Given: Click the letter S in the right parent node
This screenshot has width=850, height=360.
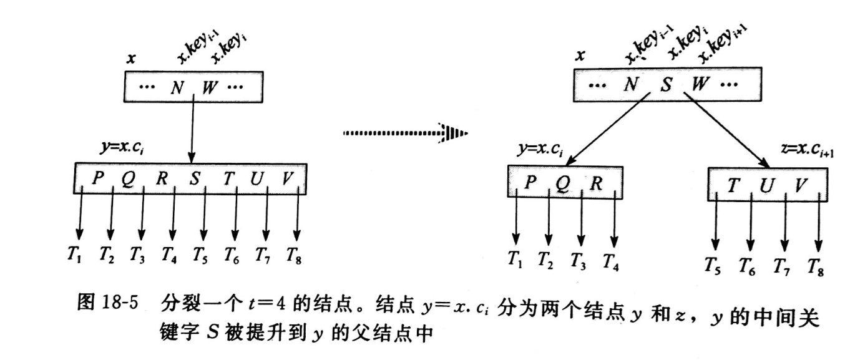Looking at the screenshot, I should [x=666, y=84].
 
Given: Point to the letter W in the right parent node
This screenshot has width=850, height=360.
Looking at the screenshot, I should [x=699, y=84].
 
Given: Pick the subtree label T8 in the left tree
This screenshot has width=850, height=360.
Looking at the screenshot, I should [x=293, y=255].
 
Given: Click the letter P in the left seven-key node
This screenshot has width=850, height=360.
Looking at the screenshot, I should [x=97, y=177].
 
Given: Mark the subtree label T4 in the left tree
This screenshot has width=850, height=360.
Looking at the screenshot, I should [x=169, y=255].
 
